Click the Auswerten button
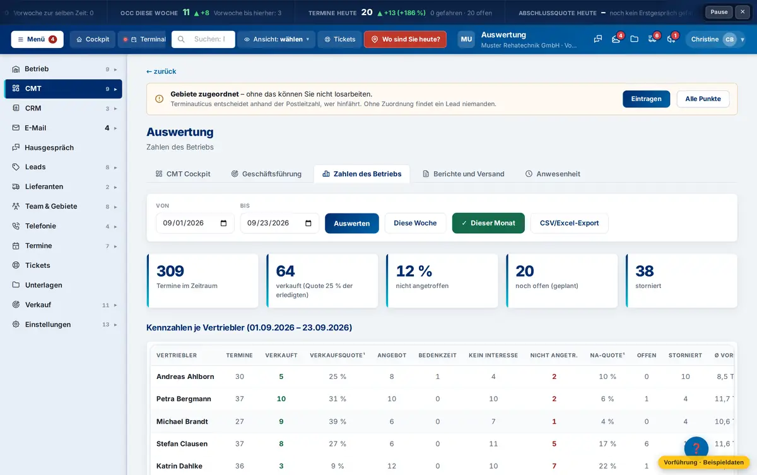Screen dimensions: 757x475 351,224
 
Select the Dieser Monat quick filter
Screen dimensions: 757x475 488,223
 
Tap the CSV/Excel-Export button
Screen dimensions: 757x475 569,223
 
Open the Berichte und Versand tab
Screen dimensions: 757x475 463,174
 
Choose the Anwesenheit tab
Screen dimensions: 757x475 553,174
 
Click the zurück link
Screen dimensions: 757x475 161,71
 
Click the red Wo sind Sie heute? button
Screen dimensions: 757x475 405,39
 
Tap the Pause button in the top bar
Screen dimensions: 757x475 719,12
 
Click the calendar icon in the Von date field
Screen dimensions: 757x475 223,224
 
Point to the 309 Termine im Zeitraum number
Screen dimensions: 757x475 170,270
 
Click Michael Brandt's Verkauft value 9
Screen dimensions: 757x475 281,421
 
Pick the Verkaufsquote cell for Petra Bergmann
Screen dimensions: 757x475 337,399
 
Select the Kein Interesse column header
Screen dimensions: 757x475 493,355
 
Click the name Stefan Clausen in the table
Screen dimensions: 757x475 182,444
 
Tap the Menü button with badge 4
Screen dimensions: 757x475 37,39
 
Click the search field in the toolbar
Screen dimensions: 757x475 203,39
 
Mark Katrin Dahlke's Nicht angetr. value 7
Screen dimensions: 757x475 554,466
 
